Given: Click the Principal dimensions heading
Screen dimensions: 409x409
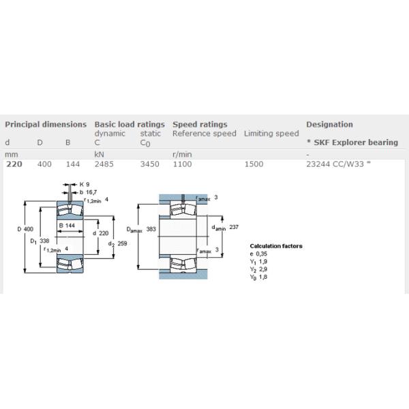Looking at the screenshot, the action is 46,125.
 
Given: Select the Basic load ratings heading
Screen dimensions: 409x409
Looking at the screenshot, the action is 130,125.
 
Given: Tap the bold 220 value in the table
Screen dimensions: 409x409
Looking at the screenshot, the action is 14,164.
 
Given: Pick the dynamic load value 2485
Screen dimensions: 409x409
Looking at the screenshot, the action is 104,164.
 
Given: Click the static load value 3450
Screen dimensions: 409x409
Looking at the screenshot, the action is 150,164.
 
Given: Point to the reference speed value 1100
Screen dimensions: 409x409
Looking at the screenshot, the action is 182,164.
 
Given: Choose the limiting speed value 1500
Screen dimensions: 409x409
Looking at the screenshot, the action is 254,164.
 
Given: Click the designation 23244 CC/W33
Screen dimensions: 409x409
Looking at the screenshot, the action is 335,164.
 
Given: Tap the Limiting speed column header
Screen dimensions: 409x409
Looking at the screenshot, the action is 271,134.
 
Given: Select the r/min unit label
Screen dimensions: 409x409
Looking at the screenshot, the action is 182,155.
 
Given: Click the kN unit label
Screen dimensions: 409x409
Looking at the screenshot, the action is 99,155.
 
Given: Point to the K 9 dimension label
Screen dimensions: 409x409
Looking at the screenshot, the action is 85,185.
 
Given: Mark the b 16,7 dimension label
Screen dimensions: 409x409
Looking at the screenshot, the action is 88,192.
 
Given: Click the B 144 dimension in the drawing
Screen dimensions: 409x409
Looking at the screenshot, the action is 67,226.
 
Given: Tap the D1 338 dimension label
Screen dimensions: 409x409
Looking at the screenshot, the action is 40,241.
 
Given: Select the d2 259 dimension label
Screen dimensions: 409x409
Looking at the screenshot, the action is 118,243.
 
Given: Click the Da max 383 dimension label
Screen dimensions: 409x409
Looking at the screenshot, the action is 141,229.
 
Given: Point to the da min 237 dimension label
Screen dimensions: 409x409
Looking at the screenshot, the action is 225,228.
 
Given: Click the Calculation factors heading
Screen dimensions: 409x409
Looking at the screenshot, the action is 276,246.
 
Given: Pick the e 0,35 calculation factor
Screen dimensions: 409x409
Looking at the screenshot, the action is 258,254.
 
